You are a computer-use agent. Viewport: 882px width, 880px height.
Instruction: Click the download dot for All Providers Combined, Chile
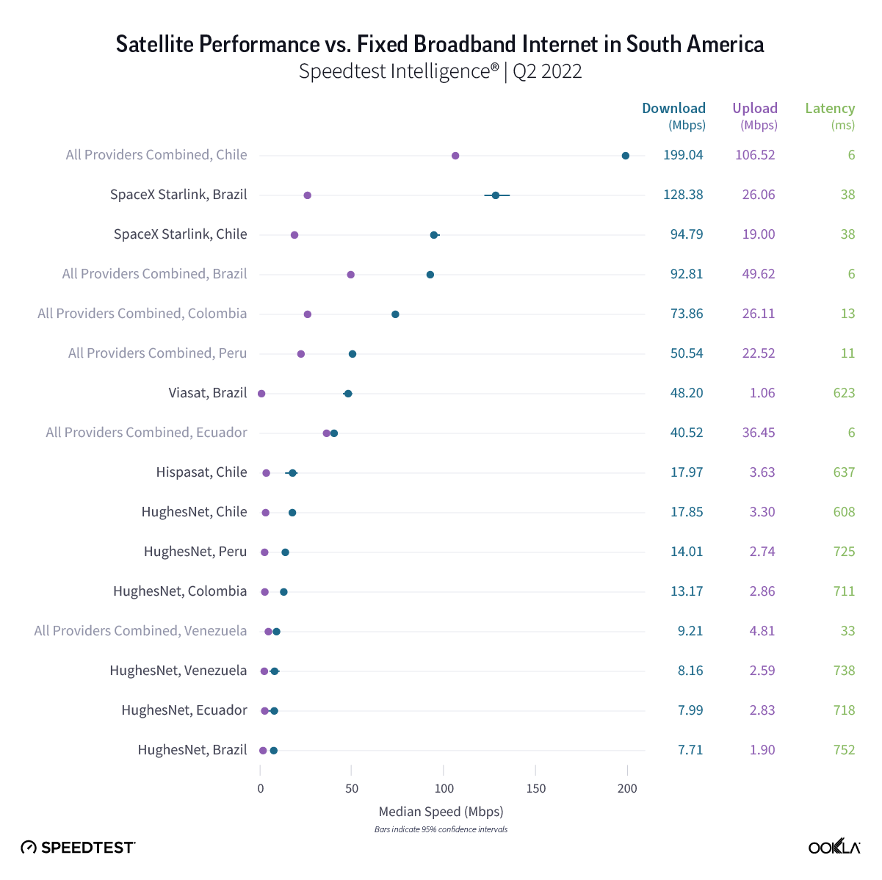pos(625,156)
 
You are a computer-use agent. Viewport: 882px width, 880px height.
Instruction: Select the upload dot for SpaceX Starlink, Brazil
pos(307,195)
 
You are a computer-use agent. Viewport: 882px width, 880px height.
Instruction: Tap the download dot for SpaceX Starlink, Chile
pos(434,235)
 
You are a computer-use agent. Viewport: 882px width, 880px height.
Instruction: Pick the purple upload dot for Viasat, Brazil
pos(261,394)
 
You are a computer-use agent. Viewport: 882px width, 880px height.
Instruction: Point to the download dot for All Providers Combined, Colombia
pos(395,314)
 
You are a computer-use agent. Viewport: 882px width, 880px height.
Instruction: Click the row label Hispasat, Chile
pos(201,472)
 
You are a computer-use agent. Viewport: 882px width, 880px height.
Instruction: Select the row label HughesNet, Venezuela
pos(178,671)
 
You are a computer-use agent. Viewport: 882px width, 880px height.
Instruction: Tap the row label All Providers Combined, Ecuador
pos(146,433)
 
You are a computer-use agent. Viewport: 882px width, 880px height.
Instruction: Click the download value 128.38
pos(683,195)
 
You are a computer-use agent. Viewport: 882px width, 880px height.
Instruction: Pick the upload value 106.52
pos(755,155)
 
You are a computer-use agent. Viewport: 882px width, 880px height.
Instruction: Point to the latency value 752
pos(844,750)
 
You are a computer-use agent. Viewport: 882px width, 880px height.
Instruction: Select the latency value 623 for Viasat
pos(844,393)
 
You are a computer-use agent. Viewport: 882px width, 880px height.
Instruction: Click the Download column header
pos(673,109)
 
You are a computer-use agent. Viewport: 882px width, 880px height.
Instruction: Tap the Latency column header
pos(830,109)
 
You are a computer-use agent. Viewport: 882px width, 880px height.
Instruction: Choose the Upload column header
pos(755,109)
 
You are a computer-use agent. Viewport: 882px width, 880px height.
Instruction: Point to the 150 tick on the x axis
pos(536,788)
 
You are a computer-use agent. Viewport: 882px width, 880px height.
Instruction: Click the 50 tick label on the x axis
pos(352,788)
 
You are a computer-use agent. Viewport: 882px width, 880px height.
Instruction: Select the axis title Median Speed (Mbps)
pos(441,812)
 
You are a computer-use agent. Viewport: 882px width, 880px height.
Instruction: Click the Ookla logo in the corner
pos(834,847)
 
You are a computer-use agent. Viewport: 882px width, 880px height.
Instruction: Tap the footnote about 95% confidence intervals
pos(441,829)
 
